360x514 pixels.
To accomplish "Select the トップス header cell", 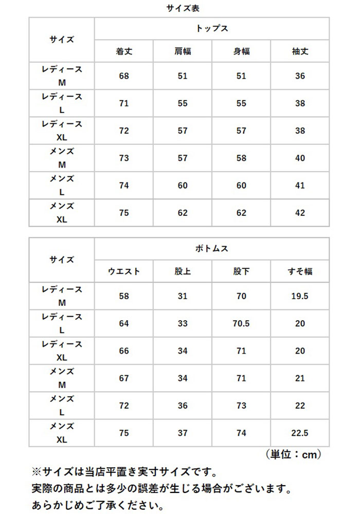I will [212, 28].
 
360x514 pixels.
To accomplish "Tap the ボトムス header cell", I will [212, 248].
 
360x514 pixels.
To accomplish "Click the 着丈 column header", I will [124, 52].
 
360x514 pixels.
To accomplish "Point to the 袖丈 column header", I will [300, 52].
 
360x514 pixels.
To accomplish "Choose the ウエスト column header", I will [124, 271].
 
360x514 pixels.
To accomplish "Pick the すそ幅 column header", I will [300, 271].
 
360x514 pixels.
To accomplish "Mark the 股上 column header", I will [183, 271].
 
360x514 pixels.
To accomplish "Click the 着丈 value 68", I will [124, 76].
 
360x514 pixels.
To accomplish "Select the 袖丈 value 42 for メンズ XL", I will [300, 213].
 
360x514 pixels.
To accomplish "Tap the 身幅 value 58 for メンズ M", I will [241, 158].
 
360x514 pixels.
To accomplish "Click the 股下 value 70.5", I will [241, 324].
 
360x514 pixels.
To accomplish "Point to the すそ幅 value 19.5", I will [300, 296].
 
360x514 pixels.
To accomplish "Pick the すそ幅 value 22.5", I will [300, 433].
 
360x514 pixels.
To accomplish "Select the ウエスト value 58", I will [124, 296].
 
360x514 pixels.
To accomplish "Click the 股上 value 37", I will [183, 433].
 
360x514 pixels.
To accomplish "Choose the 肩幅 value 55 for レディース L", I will [183, 103].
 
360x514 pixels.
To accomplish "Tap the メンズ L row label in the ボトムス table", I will [62, 406].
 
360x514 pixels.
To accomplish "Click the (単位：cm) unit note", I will [294, 454].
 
